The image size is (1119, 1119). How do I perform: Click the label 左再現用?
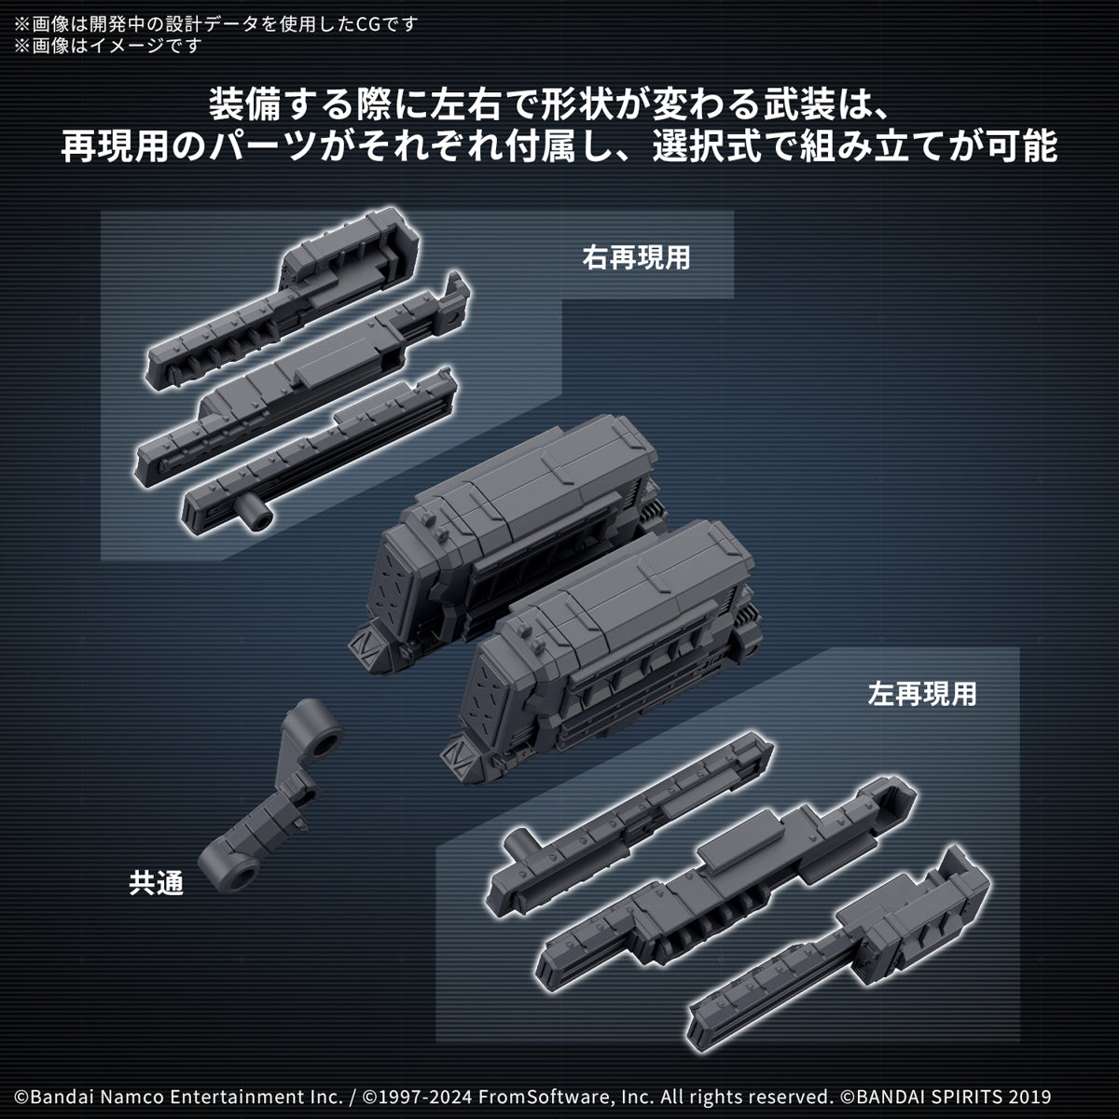(921, 694)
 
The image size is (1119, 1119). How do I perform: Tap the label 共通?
(157, 883)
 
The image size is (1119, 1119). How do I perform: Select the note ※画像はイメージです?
(107, 45)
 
